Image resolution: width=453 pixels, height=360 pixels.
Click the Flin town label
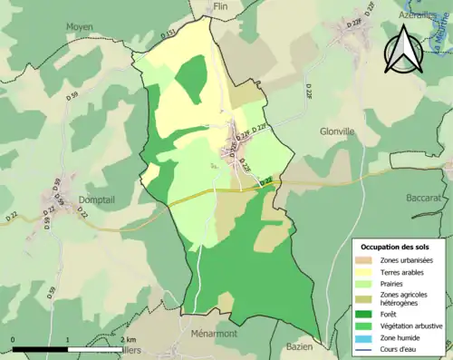(219, 6)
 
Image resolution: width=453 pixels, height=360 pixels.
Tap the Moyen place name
(79, 27)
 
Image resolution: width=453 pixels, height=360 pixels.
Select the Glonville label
(339, 131)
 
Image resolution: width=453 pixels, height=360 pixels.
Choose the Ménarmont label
(215, 334)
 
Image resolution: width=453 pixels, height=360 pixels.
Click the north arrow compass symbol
(405, 51)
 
